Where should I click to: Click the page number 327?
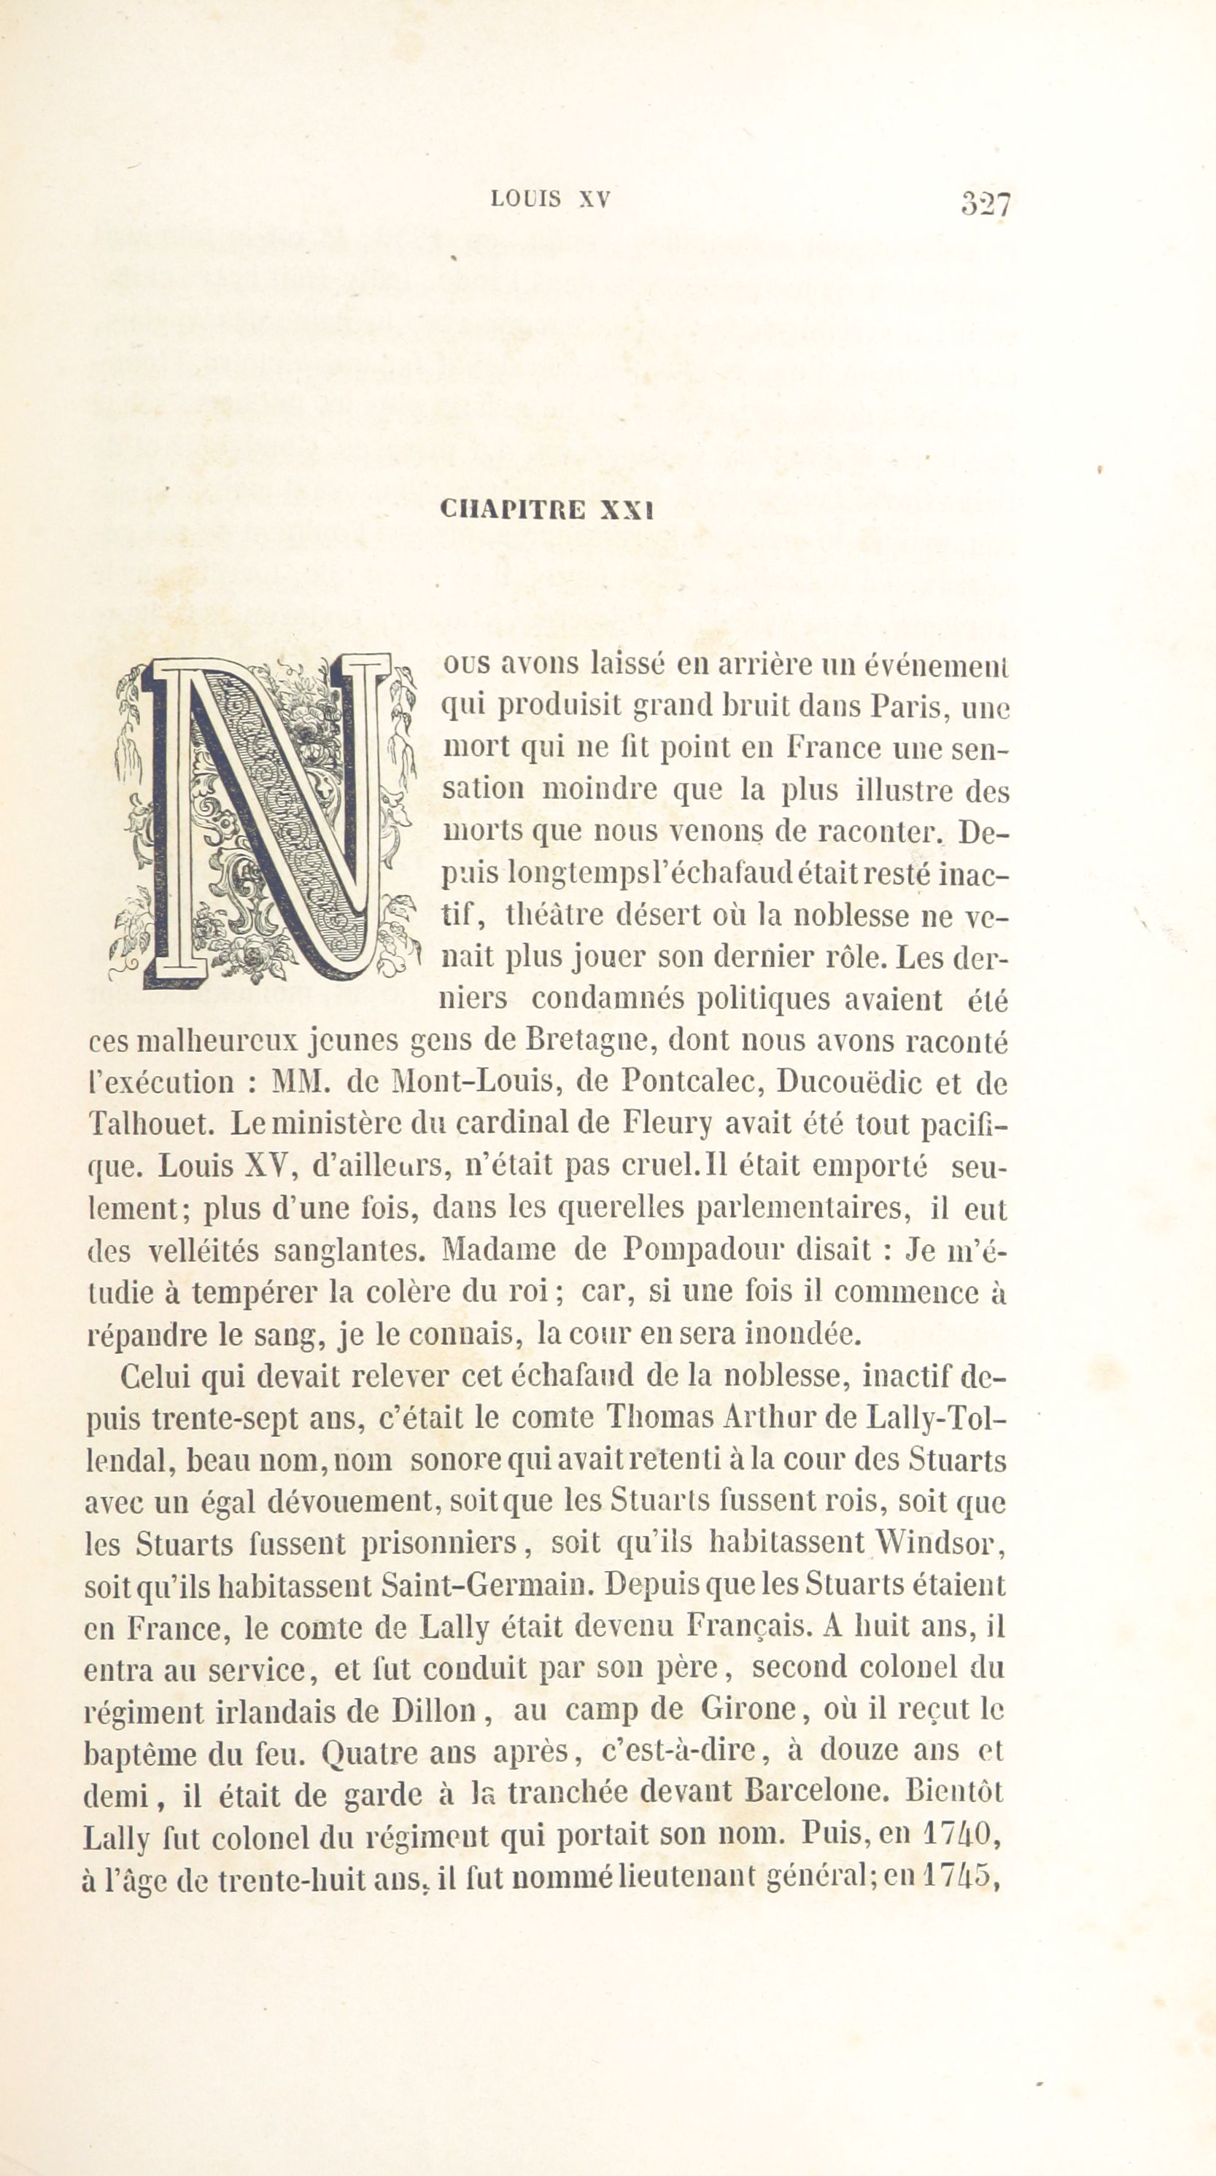tap(985, 203)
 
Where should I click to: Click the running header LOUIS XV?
tap(550, 199)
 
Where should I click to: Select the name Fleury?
tap(667, 1123)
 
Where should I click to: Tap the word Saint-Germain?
tap(484, 1585)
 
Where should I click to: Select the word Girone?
tap(748, 1709)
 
